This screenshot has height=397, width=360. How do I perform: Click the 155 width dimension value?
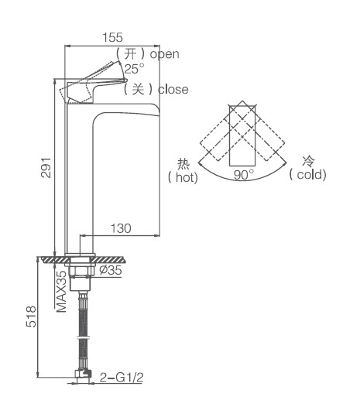[112, 37]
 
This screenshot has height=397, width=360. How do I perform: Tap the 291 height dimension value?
[46, 167]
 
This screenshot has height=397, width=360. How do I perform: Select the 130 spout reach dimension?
[121, 228]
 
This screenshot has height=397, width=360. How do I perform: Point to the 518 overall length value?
[32, 317]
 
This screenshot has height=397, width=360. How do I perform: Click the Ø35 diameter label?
[111, 270]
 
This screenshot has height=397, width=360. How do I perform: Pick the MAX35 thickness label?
[61, 292]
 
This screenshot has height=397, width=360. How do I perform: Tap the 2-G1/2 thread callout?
[122, 378]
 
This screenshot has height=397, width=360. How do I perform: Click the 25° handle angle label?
[135, 69]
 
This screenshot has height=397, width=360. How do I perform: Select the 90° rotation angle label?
[244, 175]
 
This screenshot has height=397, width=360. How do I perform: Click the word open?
[164, 54]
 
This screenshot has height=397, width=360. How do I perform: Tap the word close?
[173, 90]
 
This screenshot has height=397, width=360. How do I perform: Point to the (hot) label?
[183, 177]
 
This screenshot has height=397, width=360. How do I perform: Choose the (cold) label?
[307, 175]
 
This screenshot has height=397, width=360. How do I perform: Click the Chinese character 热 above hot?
[183, 164]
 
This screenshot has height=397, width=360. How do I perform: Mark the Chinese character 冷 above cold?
[308, 161]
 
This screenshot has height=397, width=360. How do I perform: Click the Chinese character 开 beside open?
[130, 54]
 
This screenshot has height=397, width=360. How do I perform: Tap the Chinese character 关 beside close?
[138, 89]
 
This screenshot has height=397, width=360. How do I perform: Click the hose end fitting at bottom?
[83, 374]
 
